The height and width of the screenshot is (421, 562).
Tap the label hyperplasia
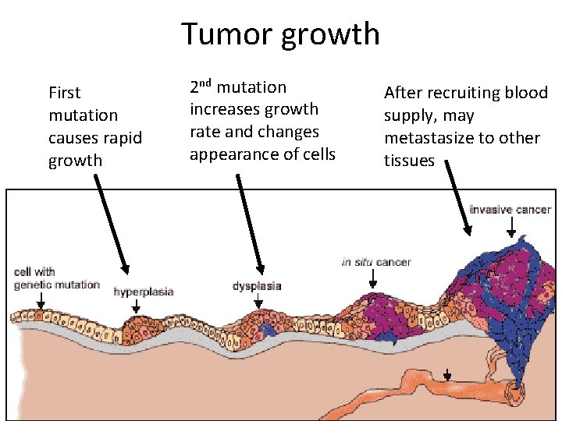tap(144, 292)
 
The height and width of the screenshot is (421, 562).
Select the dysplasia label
tap(257, 286)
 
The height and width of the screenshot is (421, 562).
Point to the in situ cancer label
tap(376, 262)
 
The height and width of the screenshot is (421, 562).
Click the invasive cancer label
tap(510, 210)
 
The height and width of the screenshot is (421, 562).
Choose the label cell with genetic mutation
tap(46, 278)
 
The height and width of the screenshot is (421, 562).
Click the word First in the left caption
tap(65, 93)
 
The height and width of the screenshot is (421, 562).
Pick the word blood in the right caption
tap(527, 93)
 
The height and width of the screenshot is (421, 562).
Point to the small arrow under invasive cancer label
tap(510, 227)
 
